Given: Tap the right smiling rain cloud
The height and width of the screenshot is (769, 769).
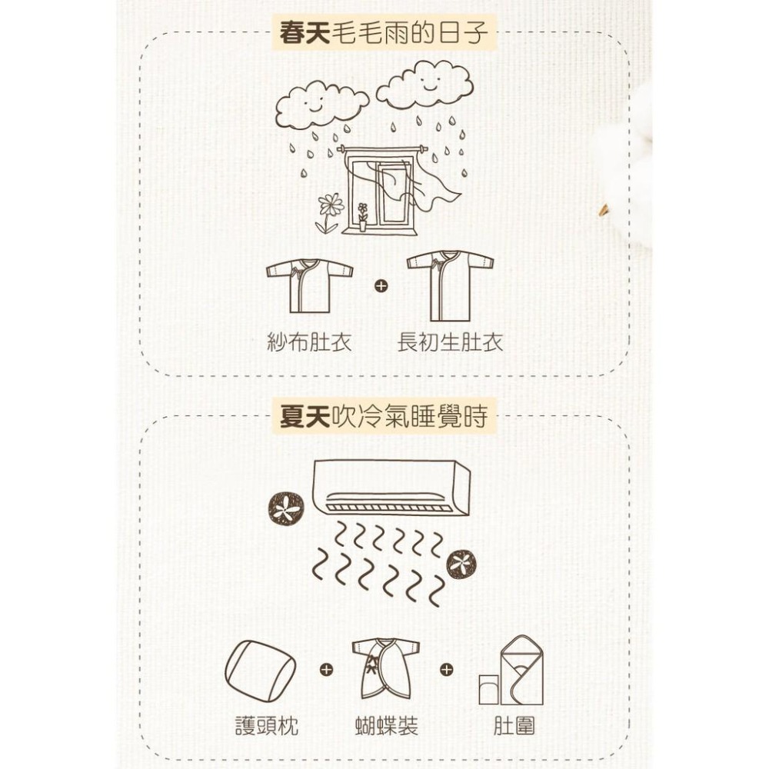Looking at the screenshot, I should [424, 84].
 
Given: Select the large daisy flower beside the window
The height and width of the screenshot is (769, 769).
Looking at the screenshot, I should [331, 206].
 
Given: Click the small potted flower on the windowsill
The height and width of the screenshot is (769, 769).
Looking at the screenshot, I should [362, 216].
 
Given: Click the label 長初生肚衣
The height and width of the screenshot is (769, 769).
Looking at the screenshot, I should [450, 342].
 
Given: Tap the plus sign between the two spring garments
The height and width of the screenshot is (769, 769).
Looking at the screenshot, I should [378, 287].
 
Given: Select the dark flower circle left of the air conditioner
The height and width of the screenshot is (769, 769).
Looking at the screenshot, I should [286, 508].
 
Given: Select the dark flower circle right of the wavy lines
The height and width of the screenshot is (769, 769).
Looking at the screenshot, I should [462, 564].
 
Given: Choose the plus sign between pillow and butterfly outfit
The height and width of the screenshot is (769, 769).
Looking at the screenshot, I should [326, 671].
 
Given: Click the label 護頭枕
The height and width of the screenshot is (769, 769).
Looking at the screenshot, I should [266, 725].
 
